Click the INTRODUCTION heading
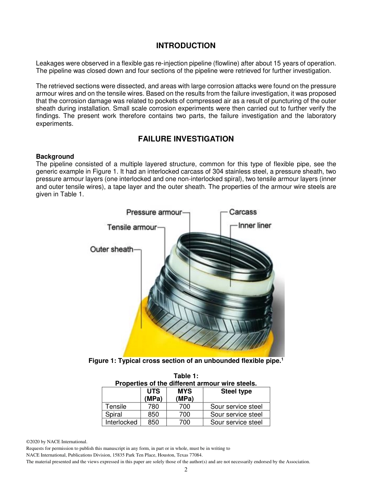pos(186,46)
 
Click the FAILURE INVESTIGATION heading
pos(186,139)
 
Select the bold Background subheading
pos(55,156)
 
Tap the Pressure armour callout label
pos(154,212)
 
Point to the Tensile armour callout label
pos(132,227)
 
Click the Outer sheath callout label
pos(112,249)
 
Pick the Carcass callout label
pos(243,212)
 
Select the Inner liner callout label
pos(255,225)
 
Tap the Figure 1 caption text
pos(186,361)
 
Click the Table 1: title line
pos(186,376)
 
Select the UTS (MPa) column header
pos(153,395)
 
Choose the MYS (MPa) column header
pos(184,395)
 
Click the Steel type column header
pos(236,391)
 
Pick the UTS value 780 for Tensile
pos(153,407)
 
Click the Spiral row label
pos(114,415)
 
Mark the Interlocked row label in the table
pos(121,422)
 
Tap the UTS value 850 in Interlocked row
pos(153,422)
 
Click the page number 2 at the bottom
pos(186,470)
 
